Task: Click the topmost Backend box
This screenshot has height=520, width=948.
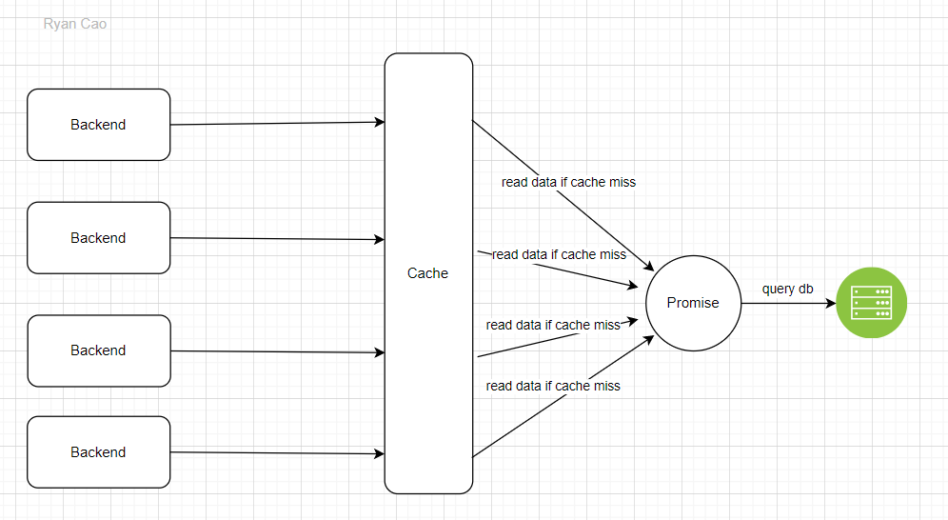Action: pos(98,125)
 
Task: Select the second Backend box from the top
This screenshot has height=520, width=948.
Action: pos(98,238)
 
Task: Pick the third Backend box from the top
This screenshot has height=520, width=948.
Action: pos(98,350)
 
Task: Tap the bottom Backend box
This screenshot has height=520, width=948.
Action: pos(98,452)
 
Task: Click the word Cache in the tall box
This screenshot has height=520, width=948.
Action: pos(427,273)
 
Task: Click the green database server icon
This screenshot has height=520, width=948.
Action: pos(871,303)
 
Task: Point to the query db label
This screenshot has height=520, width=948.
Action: pos(788,289)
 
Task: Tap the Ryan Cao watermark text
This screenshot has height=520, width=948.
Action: pos(75,24)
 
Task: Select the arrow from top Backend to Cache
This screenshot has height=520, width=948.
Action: pos(276,123)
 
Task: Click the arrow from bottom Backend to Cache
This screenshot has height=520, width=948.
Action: pos(276,453)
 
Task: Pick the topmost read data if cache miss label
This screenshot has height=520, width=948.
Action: pos(568,182)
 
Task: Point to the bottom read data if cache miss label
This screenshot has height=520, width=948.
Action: pos(553,386)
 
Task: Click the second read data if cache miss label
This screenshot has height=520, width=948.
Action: pos(559,254)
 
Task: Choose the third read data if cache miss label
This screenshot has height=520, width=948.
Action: pos(553,325)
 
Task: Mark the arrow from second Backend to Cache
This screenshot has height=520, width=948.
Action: pos(276,239)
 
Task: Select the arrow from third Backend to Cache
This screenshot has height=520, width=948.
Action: pos(276,352)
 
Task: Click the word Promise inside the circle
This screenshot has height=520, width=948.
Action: pos(692,303)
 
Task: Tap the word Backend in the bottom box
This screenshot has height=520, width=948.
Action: pos(98,452)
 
